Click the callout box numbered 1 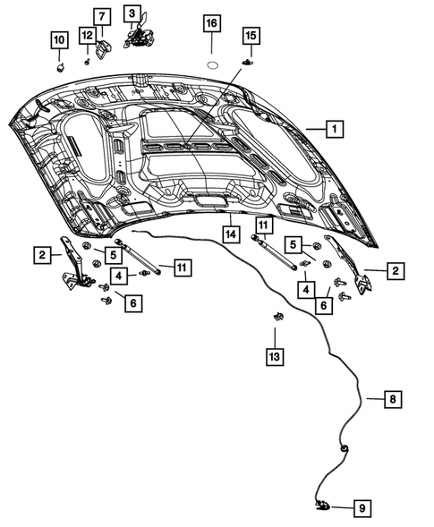coord(332,129)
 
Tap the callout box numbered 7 coord(100,16)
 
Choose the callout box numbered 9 coord(362,508)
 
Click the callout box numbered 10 coord(58,39)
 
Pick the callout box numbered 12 coord(86,35)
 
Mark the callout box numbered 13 coord(276,357)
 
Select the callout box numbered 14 coord(230,234)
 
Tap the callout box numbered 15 coord(250,35)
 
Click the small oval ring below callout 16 coord(213,64)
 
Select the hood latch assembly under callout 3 coord(137,38)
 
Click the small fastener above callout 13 coord(277,317)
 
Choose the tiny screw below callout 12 coord(86,62)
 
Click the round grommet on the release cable coord(344,448)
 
